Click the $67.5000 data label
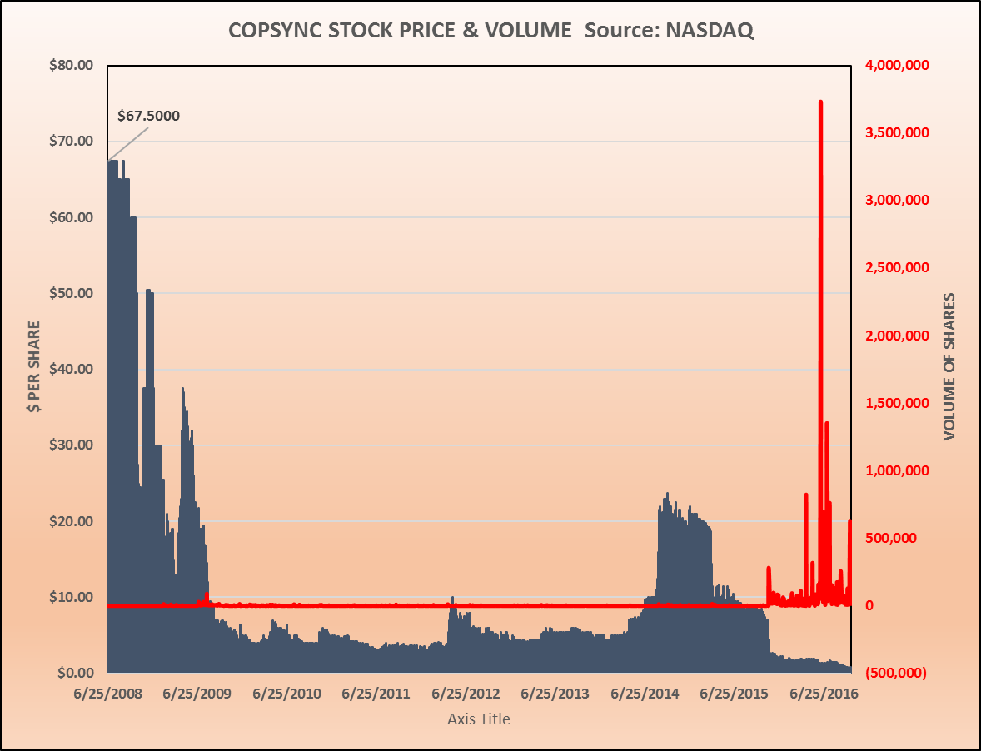(x=148, y=115)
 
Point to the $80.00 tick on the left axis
(x=72, y=65)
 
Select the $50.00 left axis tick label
(x=72, y=293)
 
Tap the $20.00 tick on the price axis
(x=72, y=521)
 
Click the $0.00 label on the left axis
(x=76, y=673)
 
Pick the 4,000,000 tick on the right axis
(x=896, y=65)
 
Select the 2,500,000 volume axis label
(x=896, y=268)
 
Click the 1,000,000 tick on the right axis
(x=896, y=470)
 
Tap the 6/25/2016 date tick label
(x=824, y=694)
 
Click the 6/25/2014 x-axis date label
(x=645, y=694)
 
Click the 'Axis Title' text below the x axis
(x=479, y=719)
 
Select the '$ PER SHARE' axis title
(x=34, y=367)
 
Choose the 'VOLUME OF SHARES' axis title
(x=948, y=367)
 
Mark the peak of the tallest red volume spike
(x=820, y=102)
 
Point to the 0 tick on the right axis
(x=870, y=605)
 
